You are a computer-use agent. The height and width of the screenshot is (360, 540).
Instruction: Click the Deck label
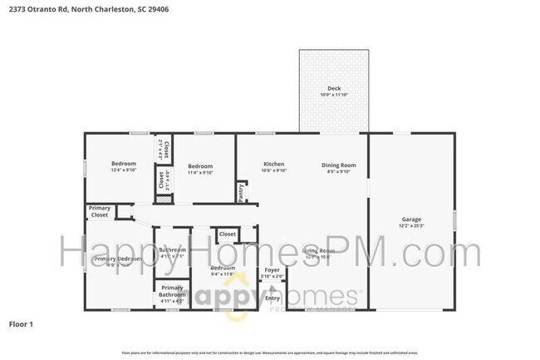click(x=334, y=88)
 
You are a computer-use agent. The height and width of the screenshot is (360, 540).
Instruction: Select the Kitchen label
click(x=274, y=165)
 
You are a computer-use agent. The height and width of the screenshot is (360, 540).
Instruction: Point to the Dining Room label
click(x=339, y=165)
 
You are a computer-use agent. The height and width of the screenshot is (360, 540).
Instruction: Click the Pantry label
click(x=241, y=192)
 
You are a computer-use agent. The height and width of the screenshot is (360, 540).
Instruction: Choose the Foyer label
click(x=272, y=269)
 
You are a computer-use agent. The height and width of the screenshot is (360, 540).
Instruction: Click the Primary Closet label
click(x=100, y=212)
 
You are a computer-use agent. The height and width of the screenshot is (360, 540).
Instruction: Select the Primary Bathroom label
click(x=172, y=291)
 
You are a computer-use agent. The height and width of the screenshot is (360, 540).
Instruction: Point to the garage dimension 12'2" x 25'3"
click(x=411, y=224)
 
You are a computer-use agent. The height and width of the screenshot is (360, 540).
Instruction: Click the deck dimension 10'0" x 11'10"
click(x=334, y=95)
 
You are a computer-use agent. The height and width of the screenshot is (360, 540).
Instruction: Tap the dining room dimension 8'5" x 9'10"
click(x=339, y=171)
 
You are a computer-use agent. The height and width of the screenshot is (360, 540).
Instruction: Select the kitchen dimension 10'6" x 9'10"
click(x=274, y=171)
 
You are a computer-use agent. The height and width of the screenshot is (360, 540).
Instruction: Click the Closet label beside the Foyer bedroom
click(x=228, y=234)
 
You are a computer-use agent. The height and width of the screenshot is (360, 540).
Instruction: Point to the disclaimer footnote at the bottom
click(x=270, y=352)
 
